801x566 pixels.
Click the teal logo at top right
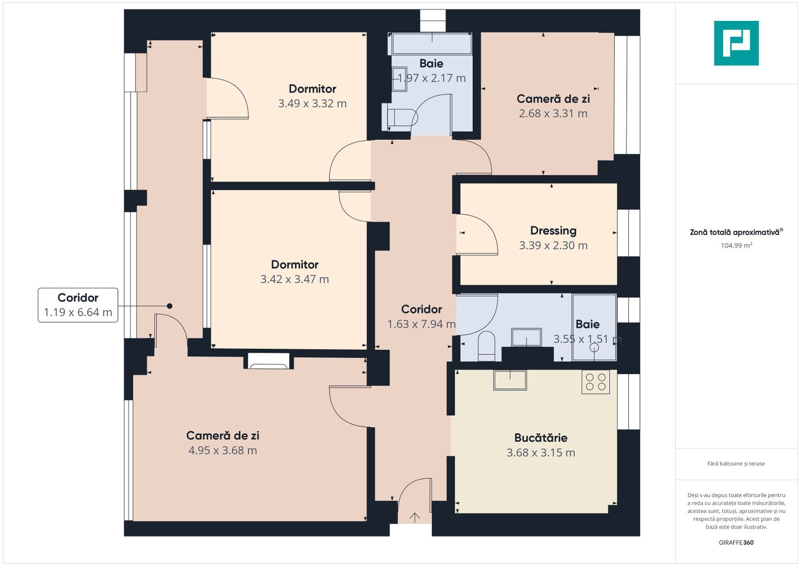(x=736, y=43)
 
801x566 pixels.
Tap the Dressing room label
(x=553, y=231)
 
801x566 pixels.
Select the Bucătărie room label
(x=540, y=438)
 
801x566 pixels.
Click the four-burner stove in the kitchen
(x=595, y=382)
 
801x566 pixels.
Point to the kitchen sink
(x=510, y=380)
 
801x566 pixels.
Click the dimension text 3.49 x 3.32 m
(x=312, y=104)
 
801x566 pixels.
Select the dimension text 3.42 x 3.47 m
(x=294, y=279)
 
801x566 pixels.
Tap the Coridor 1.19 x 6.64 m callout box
(x=78, y=305)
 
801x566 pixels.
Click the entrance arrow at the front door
(x=414, y=517)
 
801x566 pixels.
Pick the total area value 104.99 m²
(x=736, y=245)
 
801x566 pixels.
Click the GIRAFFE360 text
(x=736, y=542)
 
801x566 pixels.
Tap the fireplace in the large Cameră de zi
(x=268, y=361)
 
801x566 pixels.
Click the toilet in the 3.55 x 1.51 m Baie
(x=486, y=346)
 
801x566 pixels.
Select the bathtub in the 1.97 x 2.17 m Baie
(x=432, y=44)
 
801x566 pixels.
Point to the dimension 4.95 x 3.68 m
(x=222, y=451)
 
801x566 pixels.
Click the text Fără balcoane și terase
(x=736, y=464)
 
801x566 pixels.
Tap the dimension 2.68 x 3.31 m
(x=553, y=114)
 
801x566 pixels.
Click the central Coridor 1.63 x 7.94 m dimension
(x=421, y=324)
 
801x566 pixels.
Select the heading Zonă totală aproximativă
(x=734, y=232)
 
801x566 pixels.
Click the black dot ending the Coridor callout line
(x=169, y=306)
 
